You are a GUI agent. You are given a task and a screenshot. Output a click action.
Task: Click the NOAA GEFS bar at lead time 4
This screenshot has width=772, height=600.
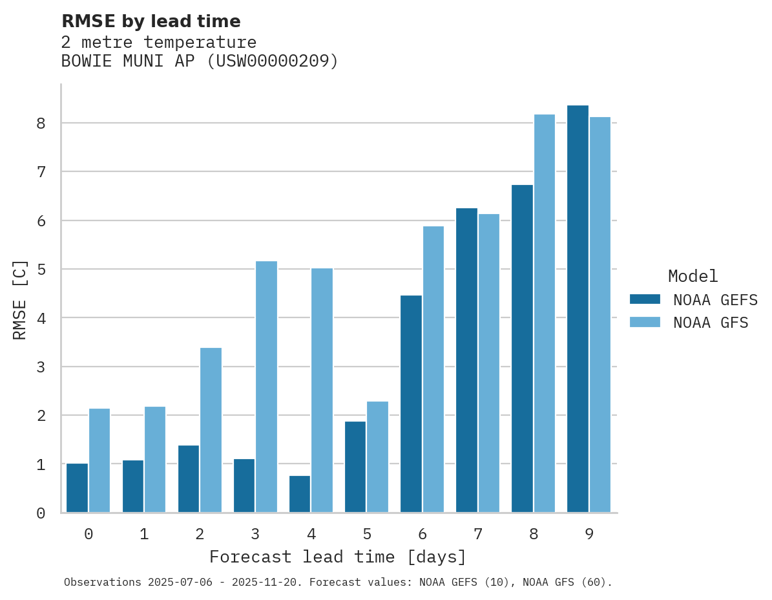(300, 494)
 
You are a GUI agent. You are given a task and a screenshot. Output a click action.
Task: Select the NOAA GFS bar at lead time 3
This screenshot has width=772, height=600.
(266, 387)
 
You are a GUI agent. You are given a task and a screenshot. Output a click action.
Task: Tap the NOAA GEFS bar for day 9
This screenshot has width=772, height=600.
(578, 309)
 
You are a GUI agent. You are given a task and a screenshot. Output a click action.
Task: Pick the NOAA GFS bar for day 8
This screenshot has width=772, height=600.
(544, 314)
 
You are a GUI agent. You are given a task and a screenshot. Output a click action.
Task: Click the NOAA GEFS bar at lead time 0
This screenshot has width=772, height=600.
(78, 488)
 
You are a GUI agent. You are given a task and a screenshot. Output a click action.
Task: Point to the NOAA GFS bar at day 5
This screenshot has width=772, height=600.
(377, 457)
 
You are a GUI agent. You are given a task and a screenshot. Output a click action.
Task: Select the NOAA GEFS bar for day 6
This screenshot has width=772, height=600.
(411, 404)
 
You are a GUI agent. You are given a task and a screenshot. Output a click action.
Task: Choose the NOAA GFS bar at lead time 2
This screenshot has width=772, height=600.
(211, 430)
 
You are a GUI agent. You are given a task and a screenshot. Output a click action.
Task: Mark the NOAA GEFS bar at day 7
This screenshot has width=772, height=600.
(466, 360)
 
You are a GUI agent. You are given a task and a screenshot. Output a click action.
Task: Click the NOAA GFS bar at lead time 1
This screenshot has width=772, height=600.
(155, 459)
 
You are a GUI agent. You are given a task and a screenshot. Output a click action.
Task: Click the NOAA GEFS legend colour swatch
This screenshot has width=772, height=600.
(645, 299)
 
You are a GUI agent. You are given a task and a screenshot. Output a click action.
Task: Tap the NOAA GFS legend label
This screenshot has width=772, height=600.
(710, 323)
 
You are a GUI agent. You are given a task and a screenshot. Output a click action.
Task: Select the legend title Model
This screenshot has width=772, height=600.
(693, 276)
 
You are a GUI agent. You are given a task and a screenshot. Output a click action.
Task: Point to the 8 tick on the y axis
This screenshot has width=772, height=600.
(41, 123)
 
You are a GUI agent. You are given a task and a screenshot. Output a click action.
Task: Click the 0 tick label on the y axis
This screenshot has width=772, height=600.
(41, 513)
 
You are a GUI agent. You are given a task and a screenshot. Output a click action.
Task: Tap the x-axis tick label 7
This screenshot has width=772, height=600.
(477, 534)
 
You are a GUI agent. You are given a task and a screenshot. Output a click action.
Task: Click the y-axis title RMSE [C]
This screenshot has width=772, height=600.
(20, 299)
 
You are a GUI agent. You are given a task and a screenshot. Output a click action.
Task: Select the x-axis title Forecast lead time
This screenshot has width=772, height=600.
(337, 557)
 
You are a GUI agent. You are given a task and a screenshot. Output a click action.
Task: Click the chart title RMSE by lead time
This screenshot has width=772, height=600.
(151, 21)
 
